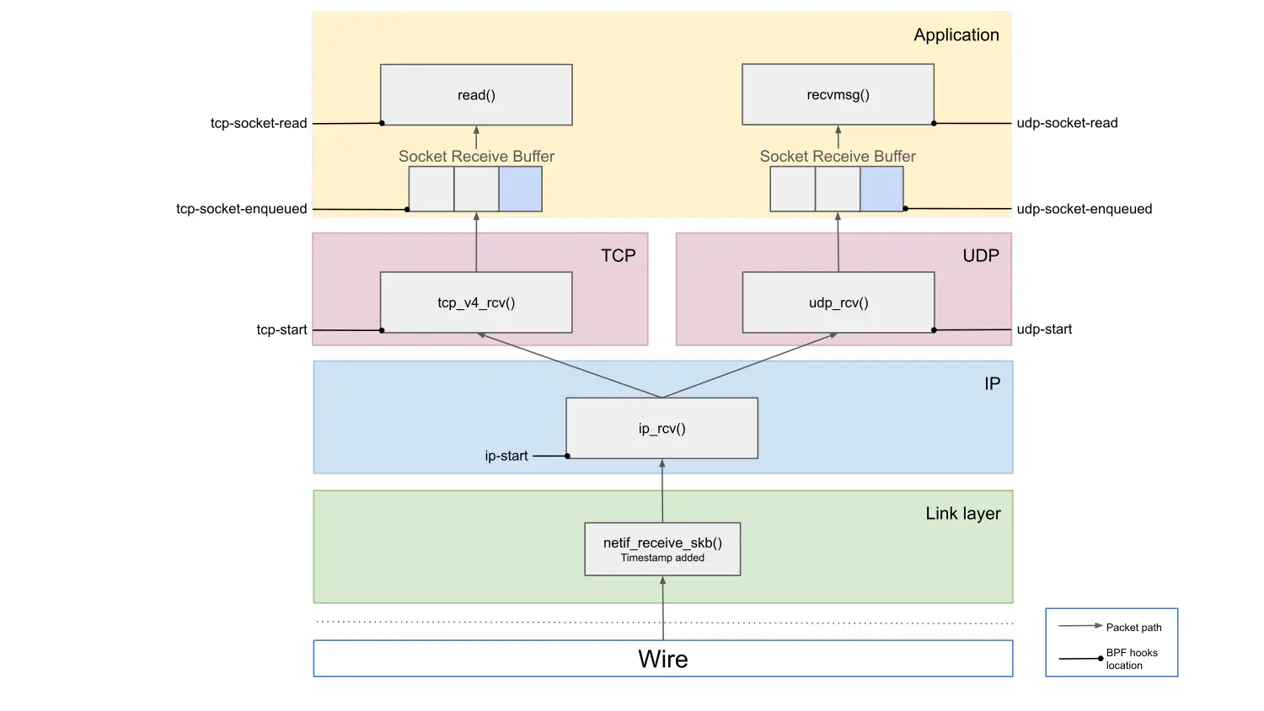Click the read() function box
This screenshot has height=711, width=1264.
pos(476,95)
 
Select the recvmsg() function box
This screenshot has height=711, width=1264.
pos(838,95)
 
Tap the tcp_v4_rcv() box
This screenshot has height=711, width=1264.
pos(476,302)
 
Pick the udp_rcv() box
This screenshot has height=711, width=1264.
pos(838,302)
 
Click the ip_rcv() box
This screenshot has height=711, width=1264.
pos(661,428)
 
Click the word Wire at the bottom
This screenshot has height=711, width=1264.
pos(662,659)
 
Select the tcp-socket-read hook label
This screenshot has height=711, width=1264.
pos(259,123)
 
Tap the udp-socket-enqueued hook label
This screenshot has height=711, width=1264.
pos(1084,209)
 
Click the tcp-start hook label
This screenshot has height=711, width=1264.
pos(281,329)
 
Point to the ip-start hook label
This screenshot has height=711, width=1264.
pos(506,456)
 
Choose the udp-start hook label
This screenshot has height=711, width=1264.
pos(1044,329)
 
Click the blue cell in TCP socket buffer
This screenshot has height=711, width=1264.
pos(520,189)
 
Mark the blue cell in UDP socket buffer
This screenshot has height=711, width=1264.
pos(881,189)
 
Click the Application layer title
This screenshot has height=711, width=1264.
pos(956,35)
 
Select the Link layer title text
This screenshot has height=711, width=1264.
pos(963,513)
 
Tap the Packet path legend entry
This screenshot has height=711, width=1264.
pos(1133,628)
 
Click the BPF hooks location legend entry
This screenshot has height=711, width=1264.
pos(1131,659)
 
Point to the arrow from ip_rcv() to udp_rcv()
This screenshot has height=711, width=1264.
pos(750,365)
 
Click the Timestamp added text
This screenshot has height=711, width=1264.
pos(662,558)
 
